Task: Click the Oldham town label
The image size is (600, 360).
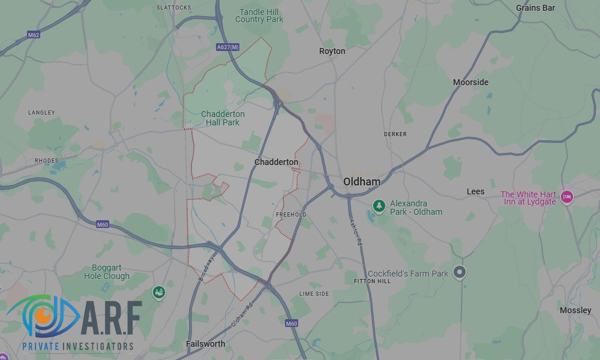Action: click(362, 181)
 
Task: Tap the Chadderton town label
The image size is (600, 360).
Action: click(276, 162)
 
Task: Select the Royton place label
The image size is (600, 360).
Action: click(332, 51)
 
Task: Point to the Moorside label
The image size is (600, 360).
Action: click(470, 82)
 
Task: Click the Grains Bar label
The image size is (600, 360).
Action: click(535, 8)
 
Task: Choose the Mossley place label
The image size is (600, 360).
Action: click(575, 310)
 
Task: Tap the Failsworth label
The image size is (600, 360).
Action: click(205, 344)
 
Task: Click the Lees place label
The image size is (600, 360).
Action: click(475, 191)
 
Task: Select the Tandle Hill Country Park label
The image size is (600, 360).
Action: click(259, 16)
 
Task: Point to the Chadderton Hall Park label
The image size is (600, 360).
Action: click(223, 118)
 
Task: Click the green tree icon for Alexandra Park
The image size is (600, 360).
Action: click(379, 206)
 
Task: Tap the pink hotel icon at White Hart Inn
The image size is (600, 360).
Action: click(566, 196)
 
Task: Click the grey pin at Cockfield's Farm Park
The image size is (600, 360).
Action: click(459, 272)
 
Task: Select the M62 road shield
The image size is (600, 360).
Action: click(34, 35)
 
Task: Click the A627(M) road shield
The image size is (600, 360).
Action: click(227, 47)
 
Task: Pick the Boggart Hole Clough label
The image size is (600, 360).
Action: click(107, 272)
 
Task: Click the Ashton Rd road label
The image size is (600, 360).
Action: click(356, 231)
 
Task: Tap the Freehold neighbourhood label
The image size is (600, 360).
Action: click(291, 214)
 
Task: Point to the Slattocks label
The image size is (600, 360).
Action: click(173, 7)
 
